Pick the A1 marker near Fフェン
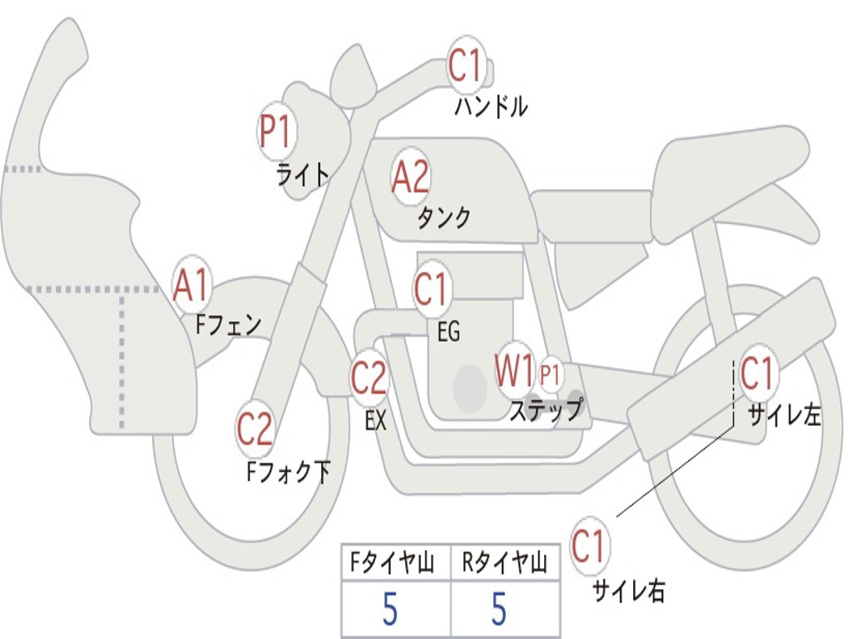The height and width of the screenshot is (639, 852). click(192, 285)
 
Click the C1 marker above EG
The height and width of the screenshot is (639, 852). click(431, 290)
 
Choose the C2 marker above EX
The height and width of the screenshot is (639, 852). click(369, 379)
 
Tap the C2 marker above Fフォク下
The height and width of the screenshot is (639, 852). click(255, 429)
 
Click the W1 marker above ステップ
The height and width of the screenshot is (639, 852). click(515, 371)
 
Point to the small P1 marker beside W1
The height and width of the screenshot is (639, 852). click(550, 375)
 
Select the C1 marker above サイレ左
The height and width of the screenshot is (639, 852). click(757, 374)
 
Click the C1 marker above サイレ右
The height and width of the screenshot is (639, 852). click(589, 547)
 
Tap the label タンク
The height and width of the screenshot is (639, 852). click(443, 218)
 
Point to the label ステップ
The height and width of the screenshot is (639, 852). click(546, 410)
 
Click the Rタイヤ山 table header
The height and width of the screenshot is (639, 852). click(504, 565)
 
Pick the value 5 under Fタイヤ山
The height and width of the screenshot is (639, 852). click(390, 610)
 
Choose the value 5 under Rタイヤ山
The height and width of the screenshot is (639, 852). click(499, 610)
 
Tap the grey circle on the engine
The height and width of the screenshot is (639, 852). click(470, 388)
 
